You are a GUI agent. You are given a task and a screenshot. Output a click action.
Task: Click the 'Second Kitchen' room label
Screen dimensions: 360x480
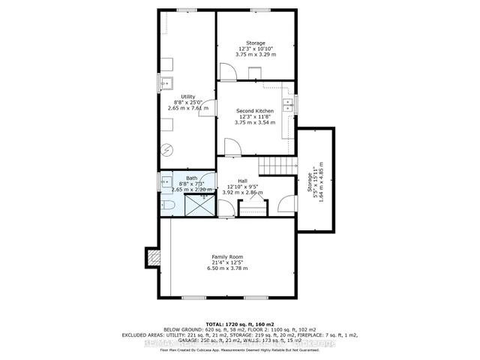(255, 110)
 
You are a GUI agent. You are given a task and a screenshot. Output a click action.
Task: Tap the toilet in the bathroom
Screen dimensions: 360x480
(169, 203)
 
